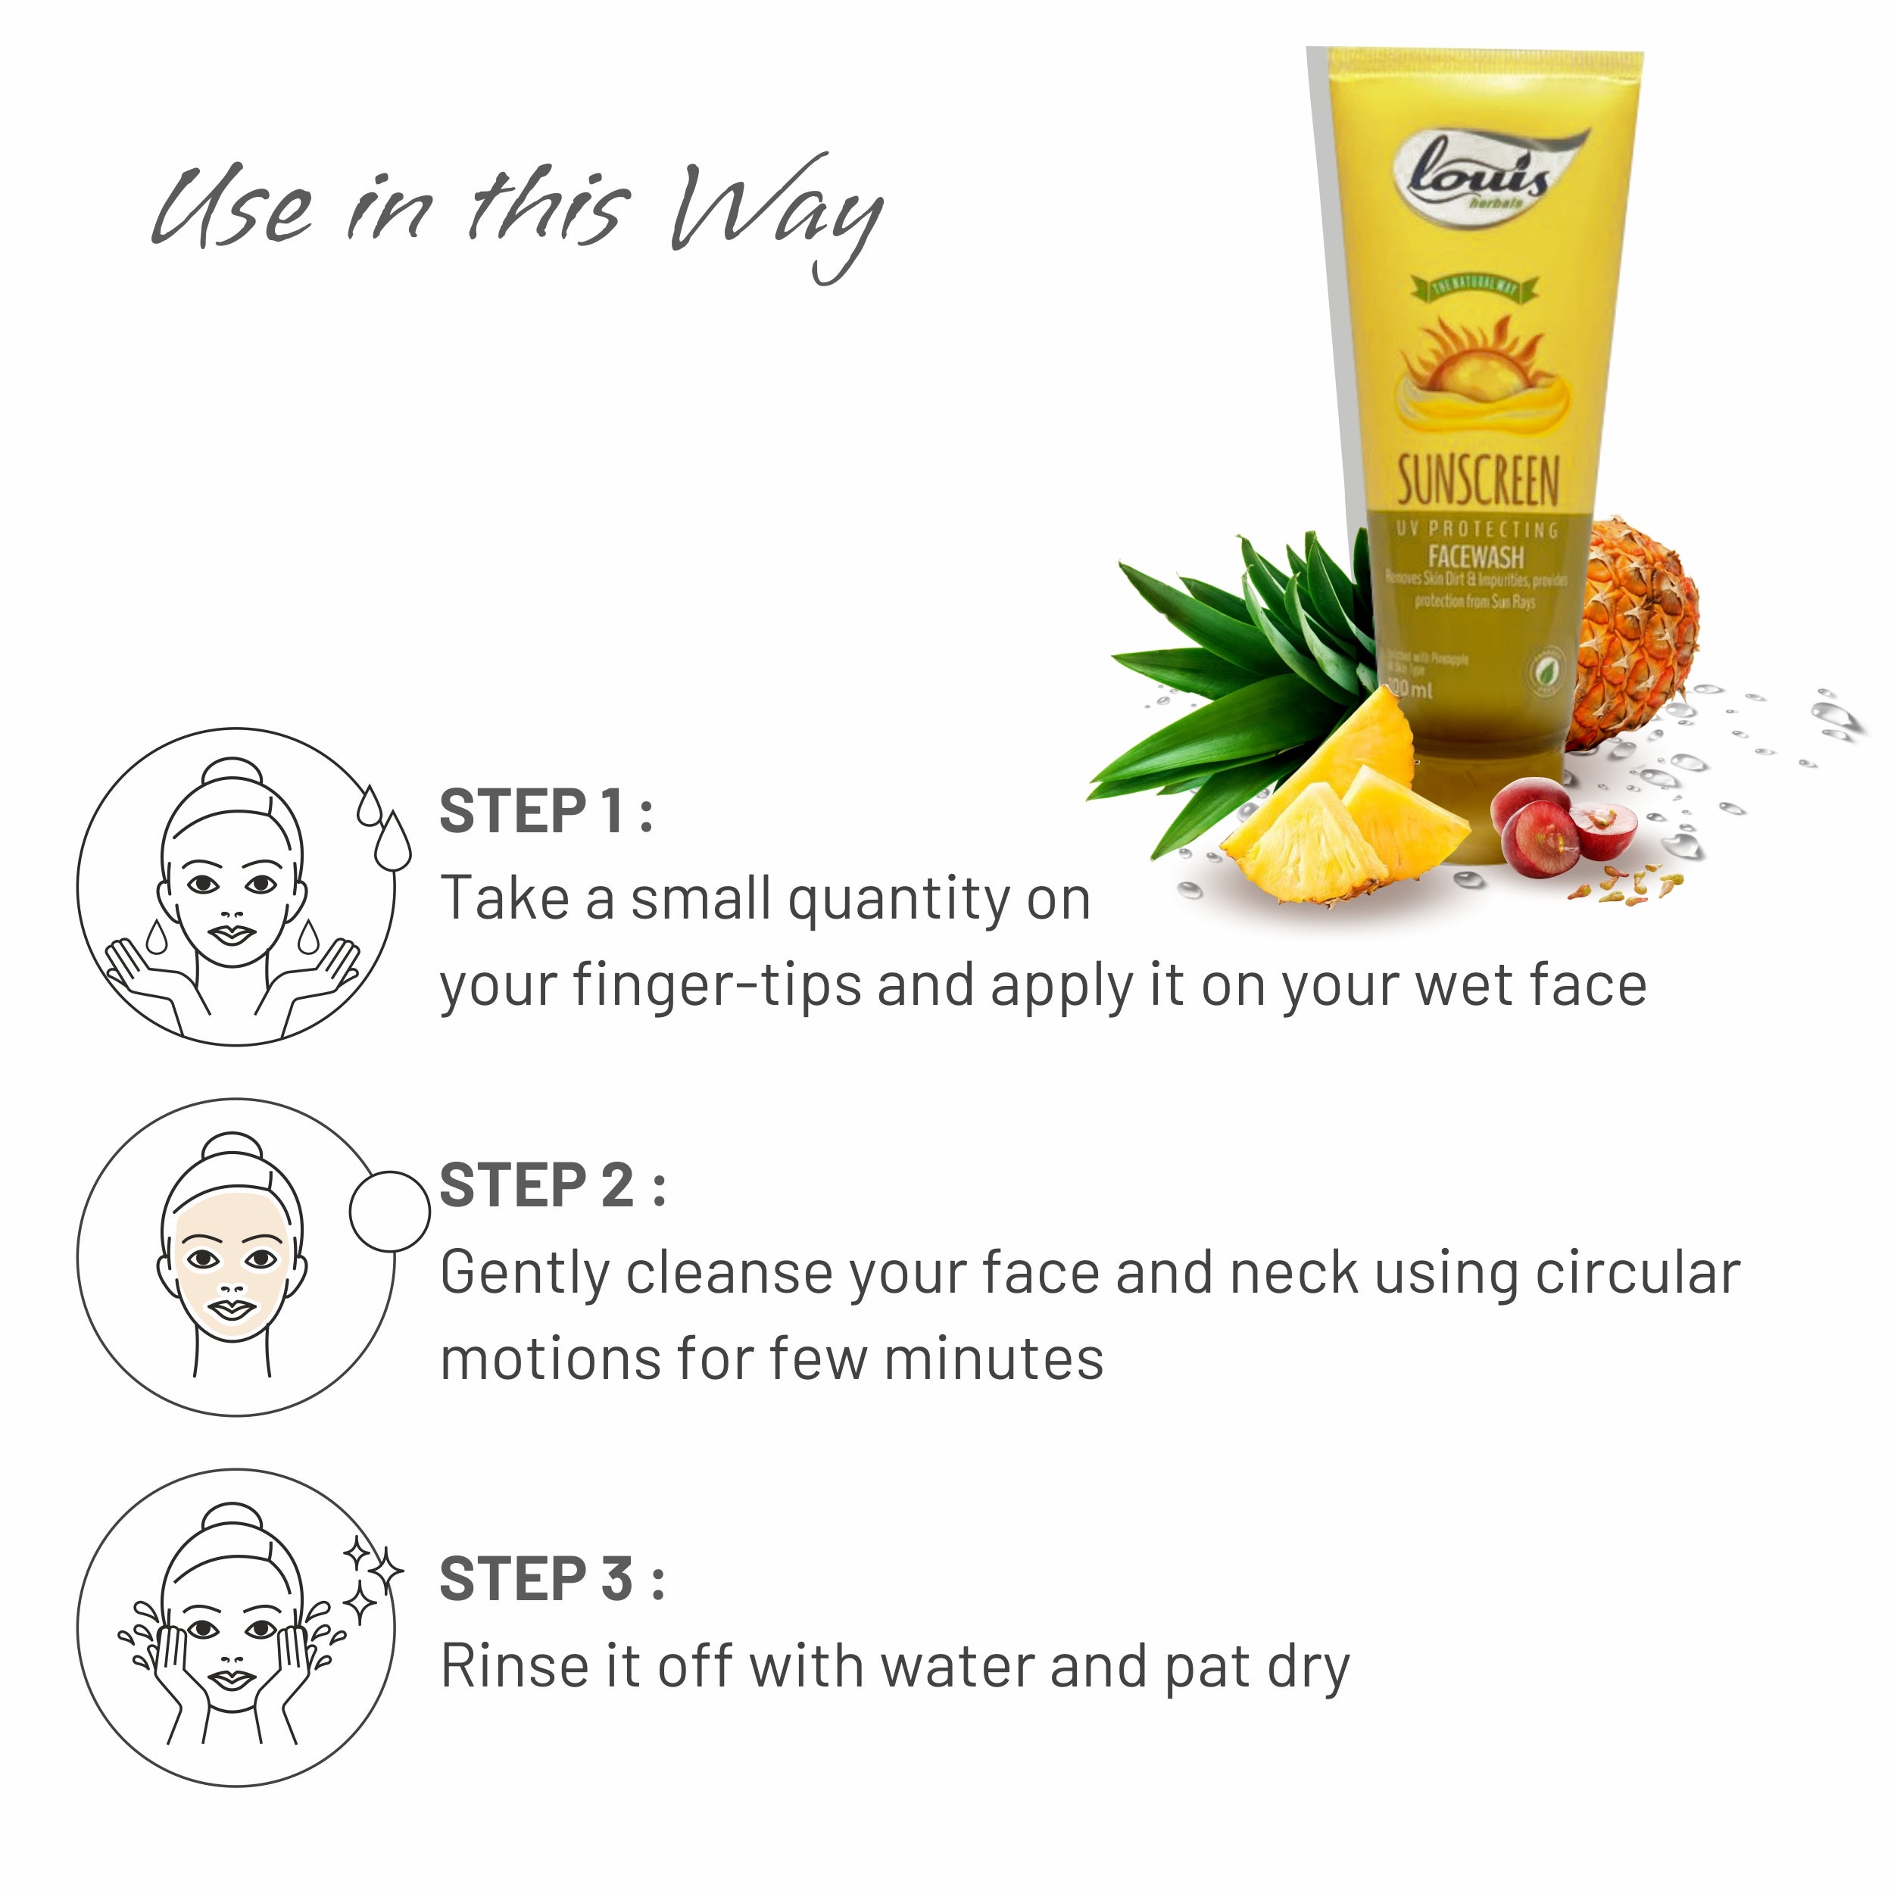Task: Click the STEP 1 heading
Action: [545, 812]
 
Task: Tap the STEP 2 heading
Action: [552, 1186]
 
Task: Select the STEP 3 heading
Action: [551, 1579]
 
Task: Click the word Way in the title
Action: [775, 211]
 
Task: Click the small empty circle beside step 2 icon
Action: [389, 1211]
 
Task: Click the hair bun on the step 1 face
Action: [232, 772]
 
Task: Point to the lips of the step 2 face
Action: [233, 1309]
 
